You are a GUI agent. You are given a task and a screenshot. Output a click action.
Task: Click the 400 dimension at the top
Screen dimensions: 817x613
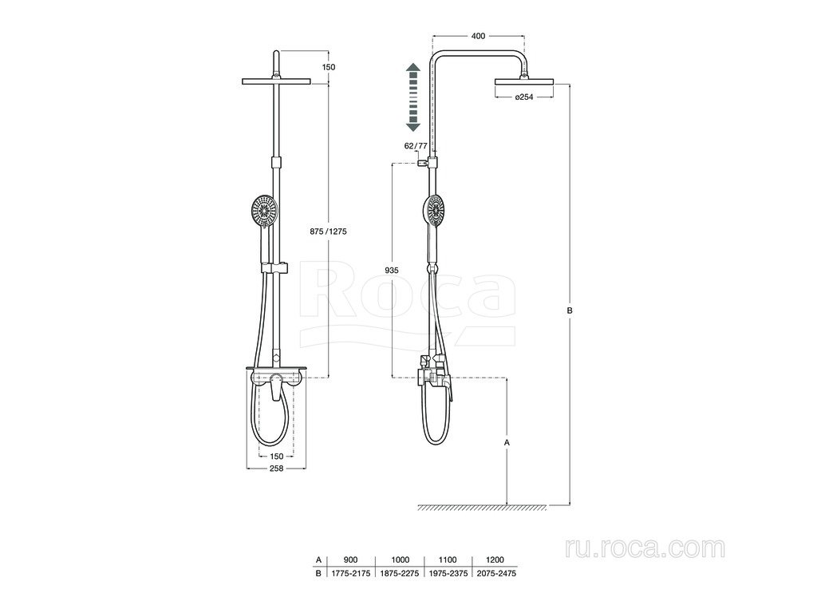point(478,36)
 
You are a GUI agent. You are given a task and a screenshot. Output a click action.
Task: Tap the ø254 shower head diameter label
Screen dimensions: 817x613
point(523,97)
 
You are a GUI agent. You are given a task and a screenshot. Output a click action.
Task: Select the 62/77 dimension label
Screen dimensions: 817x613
point(415,146)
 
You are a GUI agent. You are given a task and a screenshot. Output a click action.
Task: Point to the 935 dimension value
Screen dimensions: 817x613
point(391,270)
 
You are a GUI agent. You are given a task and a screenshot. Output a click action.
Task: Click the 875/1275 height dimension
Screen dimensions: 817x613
point(328,231)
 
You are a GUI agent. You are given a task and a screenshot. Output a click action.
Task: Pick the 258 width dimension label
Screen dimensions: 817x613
point(276,469)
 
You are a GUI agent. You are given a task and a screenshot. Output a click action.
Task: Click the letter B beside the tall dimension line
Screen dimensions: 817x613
point(570,310)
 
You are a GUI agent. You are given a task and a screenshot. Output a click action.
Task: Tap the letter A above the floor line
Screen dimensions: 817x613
point(507,442)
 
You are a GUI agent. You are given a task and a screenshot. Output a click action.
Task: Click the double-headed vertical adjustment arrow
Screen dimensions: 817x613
point(413,97)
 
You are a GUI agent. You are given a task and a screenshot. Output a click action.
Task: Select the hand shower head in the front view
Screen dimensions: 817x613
point(264,211)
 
